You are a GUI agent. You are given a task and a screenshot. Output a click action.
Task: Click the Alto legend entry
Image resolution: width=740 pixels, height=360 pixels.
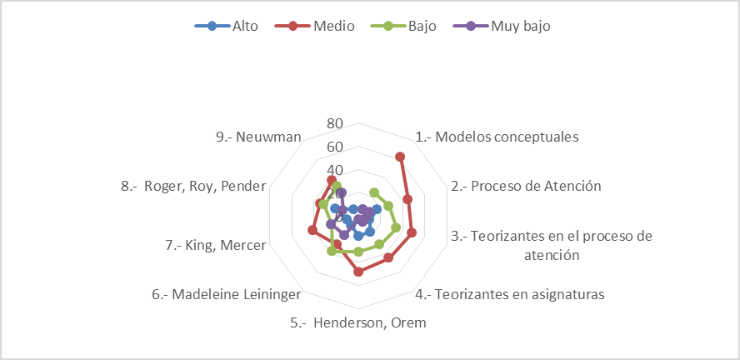[227, 26]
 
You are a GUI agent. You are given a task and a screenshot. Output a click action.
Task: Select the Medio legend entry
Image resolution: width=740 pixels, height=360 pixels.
[314, 26]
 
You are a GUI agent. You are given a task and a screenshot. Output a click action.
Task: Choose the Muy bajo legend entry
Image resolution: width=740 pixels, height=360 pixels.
[501, 26]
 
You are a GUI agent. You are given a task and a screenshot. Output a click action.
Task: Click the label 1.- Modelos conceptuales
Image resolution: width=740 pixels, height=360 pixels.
[497, 137]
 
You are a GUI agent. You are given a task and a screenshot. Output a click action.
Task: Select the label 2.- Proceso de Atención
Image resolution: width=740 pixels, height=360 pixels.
[526, 187]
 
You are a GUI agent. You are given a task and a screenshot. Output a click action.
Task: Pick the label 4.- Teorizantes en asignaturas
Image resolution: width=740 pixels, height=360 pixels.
[510, 295]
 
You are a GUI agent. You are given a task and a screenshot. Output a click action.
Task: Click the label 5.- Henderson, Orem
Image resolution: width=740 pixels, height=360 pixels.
[358, 323]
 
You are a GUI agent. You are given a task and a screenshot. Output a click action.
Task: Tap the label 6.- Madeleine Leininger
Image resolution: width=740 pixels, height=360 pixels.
[226, 295]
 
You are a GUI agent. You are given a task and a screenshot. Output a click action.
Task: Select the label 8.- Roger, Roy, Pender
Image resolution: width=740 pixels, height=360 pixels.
[193, 187]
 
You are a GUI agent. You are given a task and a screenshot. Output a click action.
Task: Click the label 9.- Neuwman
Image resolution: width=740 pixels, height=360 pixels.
[258, 137]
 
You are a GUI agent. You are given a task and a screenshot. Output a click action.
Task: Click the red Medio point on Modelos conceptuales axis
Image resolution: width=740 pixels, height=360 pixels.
[400, 157]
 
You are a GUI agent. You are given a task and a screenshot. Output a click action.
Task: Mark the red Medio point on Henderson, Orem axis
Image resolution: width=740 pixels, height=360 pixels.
[358, 272]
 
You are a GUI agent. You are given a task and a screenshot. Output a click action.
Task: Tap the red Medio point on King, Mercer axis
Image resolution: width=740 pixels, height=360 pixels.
[312, 230]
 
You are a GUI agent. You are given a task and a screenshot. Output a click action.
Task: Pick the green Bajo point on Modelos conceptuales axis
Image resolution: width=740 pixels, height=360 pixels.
[374, 192]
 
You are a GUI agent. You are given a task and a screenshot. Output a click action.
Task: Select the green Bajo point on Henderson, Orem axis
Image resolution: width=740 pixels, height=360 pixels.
[358, 252]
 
